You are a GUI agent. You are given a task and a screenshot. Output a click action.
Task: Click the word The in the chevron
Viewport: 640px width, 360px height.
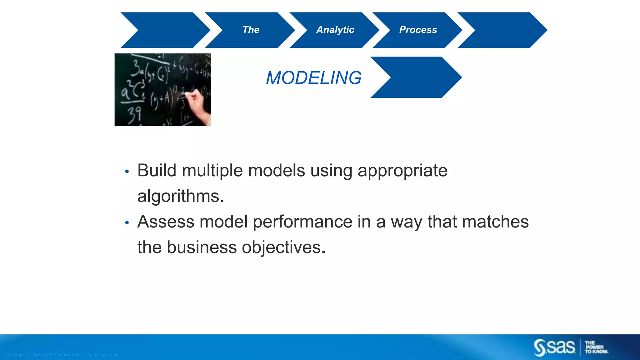pyautogui.click(x=251, y=30)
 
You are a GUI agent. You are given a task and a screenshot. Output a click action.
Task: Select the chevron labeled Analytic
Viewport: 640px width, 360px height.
pyautogui.click(x=335, y=30)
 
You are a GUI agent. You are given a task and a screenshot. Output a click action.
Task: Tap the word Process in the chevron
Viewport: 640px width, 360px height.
pyautogui.click(x=418, y=30)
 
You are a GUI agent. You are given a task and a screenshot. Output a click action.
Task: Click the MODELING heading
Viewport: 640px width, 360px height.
pyautogui.click(x=313, y=78)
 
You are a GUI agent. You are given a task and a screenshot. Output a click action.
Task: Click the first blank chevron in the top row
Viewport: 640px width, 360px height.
pyautogui.click(x=166, y=30)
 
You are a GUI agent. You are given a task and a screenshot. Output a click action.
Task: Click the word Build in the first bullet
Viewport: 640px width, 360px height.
pyautogui.click(x=157, y=171)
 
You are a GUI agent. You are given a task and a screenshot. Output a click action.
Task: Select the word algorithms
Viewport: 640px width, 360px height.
pyautogui.click(x=180, y=196)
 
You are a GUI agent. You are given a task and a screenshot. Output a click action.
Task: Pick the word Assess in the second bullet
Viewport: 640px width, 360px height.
pyautogui.click(x=166, y=222)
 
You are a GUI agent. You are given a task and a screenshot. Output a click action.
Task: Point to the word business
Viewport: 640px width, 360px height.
pyautogui.click(x=202, y=247)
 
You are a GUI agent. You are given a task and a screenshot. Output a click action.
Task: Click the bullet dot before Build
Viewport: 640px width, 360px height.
pyautogui.click(x=127, y=172)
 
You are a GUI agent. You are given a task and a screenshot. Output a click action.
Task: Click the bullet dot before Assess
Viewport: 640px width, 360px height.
pyautogui.click(x=127, y=223)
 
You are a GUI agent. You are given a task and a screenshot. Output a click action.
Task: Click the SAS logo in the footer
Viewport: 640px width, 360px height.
pyautogui.click(x=554, y=347)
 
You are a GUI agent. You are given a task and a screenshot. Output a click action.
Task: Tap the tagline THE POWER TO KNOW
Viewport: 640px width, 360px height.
pyautogui.click(x=596, y=347)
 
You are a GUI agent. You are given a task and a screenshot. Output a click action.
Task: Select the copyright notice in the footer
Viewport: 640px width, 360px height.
pyautogui.click(x=62, y=355)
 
